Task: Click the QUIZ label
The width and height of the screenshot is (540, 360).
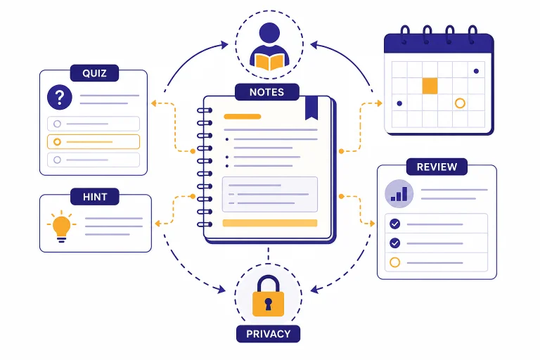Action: (94, 73)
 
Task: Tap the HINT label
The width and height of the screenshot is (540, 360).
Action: (95, 197)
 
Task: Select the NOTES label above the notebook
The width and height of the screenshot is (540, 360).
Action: (267, 92)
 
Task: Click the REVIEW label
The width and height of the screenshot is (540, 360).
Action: (437, 167)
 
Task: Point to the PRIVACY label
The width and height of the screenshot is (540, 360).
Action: (269, 334)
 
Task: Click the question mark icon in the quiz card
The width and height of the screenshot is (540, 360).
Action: (60, 97)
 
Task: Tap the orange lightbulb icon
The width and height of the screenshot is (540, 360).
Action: (62, 226)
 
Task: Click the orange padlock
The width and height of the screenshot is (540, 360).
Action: (269, 296)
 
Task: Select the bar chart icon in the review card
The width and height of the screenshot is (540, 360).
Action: (399, 193)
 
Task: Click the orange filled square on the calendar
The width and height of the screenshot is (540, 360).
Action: (430, 86)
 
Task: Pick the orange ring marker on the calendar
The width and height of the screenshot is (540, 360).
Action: (460, 103)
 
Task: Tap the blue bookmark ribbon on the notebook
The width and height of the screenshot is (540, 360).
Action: (311, 108)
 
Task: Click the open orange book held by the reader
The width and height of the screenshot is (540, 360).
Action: (270, 62)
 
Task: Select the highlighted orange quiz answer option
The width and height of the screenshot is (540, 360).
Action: (94, 141)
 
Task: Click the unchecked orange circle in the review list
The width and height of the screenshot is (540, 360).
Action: (394, 262)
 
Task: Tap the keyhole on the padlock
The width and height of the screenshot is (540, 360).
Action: (269, 304)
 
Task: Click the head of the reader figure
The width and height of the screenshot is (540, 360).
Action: (269, 33)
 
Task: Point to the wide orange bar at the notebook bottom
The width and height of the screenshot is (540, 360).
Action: (270, 223)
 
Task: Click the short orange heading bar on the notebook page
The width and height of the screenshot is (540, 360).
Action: (242, 117)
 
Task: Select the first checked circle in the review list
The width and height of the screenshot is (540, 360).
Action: (394, 224)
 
